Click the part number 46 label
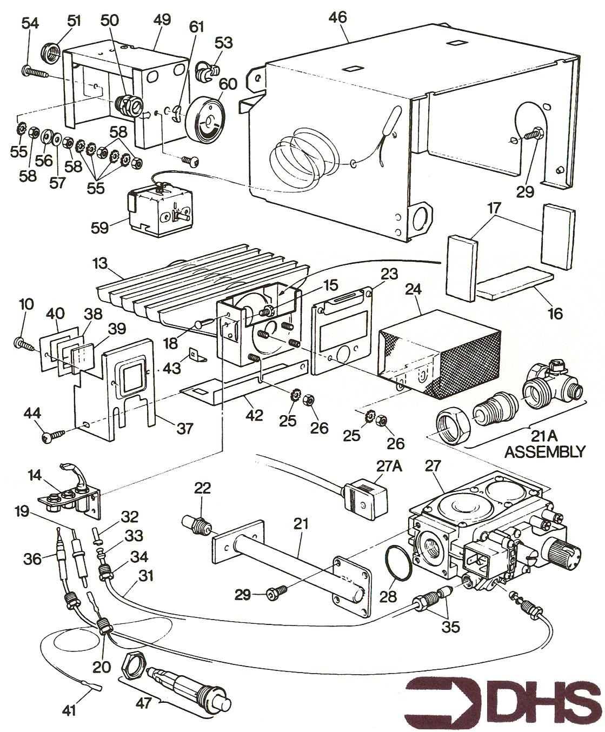click(x=338, y=18)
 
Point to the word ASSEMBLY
click(x=544, y=452)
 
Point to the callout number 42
click(x=254, y=416)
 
